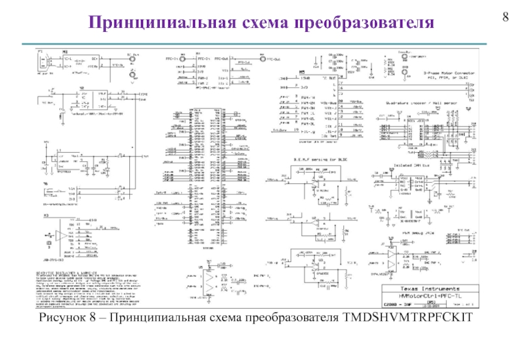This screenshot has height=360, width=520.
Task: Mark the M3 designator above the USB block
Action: [46, 216]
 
